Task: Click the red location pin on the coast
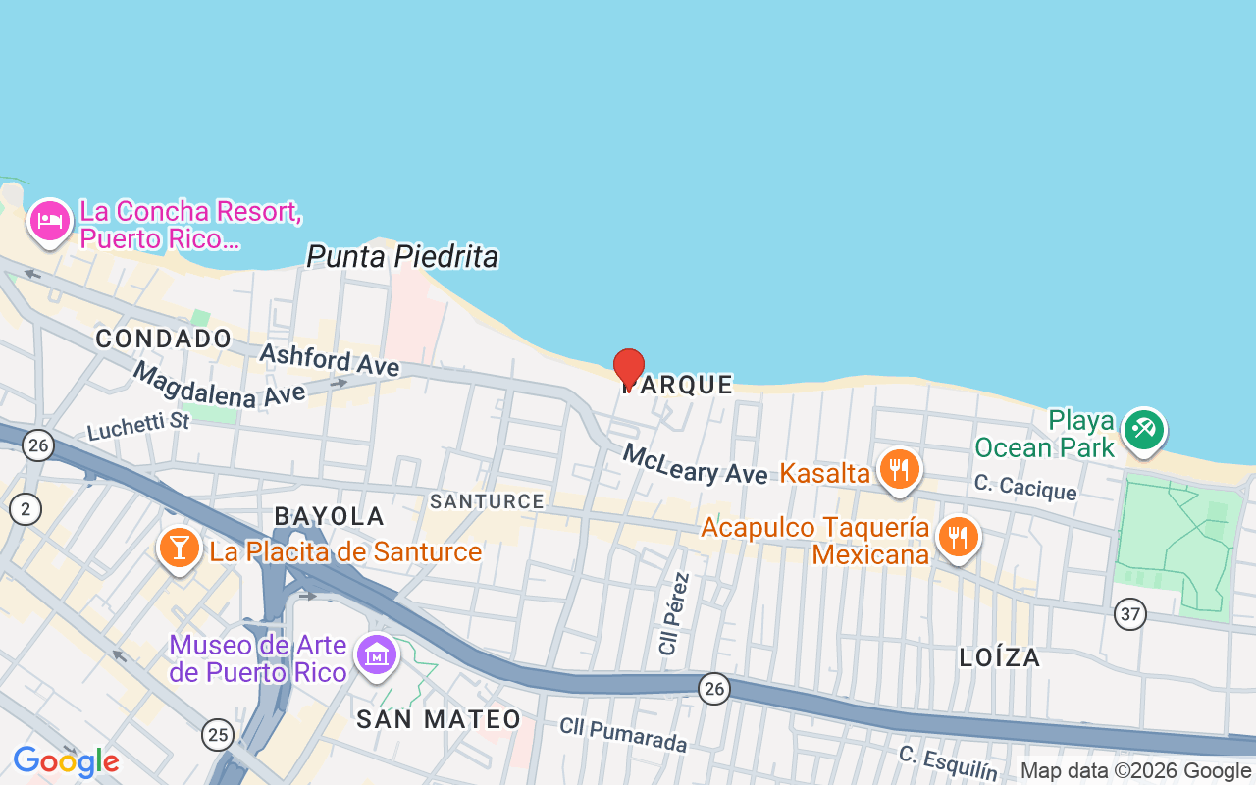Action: pyautogui.click(x=629, y=368)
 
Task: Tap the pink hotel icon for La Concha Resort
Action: pyautogui.click(x=48, y=221)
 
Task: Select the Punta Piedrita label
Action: pyautogui.click(x=402, y=257)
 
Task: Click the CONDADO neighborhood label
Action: pyautogui.click(x=164, y=339)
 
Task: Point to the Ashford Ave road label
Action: pyautogui.click(x=329, y=358)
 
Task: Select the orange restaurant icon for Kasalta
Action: pyautogui.click(x=898, y=470)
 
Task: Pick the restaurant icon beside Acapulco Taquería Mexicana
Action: pyautogui.click(x=957, y=537)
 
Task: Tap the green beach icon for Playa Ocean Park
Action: pyautogui.click(x=1143, y=430)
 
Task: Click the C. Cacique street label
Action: pyautogui.click(x=1024, y=486)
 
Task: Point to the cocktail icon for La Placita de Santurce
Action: pyautogui.click(x=179, y=548)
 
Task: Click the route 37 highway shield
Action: pyautogui.click(x=1130, y=615)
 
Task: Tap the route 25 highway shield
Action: pyautogui.click(x=218, y=733)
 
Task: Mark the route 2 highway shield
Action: pyautogui.click(x=25, y=508)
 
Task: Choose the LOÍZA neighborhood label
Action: pyautogui.click(x=1000, y=657)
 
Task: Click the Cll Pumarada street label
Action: pyautogui.click(x=623, y=735)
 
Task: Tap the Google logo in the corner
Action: pyautogui.click(x=66, y=761)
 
